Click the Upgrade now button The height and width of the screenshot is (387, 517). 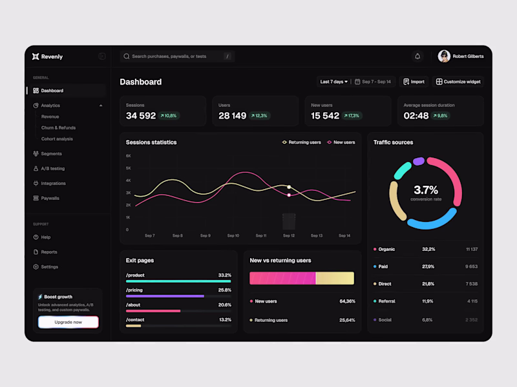68,322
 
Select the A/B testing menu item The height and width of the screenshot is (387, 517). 52,168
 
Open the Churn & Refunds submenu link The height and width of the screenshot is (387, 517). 58,128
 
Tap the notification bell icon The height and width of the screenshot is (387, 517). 417,56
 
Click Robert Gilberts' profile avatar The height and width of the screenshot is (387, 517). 444,56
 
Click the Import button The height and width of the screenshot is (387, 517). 414,82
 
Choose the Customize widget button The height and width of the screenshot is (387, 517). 458,82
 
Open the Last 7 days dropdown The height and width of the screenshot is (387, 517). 333,82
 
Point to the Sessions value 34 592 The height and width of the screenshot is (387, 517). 141,116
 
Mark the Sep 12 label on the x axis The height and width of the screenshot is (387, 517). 289,236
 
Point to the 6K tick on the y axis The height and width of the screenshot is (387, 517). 128,156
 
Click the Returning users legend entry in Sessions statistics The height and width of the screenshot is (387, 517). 301,142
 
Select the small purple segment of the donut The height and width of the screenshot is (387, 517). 419,161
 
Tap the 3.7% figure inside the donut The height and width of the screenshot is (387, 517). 426,190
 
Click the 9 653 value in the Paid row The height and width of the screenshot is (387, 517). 471,266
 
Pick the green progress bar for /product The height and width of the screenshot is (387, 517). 178,281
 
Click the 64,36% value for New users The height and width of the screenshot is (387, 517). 347,301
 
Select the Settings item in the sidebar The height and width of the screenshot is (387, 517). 49,267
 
